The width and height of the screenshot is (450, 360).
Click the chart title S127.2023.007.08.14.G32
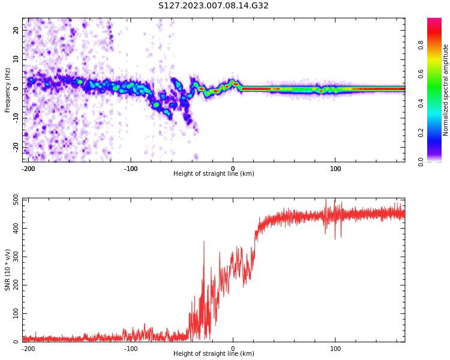coord(214,6)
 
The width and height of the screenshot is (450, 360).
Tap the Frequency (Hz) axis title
coord(8,90)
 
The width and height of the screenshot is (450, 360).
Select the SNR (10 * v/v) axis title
coord(8,270)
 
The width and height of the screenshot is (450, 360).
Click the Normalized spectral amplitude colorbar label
coord(446,90)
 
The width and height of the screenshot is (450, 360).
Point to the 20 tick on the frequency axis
coord(16,30)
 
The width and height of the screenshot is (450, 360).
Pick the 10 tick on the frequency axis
coord(16,59)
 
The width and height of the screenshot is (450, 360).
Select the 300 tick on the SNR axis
coord(13,257)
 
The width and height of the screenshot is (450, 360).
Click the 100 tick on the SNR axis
coord(13,314)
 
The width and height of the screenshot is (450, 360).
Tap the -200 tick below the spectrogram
coord(28,169)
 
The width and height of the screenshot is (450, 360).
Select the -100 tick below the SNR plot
coord(130,349)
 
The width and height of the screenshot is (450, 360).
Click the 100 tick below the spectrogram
coord(335,169)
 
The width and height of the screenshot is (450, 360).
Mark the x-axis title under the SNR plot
coord(214,354)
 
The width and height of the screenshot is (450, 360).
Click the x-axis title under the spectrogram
coord(214,174)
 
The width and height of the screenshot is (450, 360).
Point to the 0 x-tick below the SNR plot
coord(233,349)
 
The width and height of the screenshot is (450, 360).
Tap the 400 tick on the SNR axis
coord(13,228)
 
